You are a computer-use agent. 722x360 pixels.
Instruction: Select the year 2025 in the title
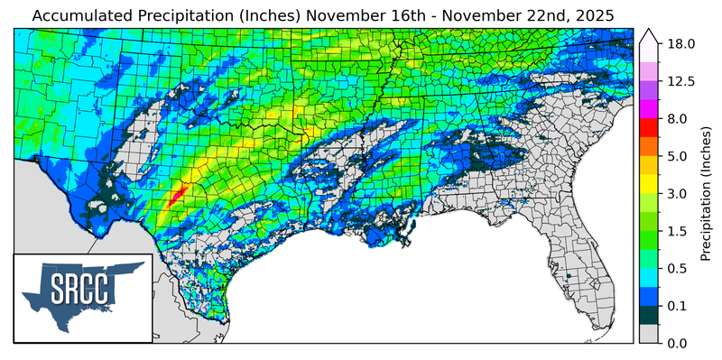tap(591, 15)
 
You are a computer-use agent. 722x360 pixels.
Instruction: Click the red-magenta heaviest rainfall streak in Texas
tap(179, 191)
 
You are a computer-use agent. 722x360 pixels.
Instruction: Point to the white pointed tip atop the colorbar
tap(648, 35)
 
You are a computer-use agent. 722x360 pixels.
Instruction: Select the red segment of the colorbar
tap(648, 128)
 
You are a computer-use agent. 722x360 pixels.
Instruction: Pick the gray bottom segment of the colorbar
tap(648, 334)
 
